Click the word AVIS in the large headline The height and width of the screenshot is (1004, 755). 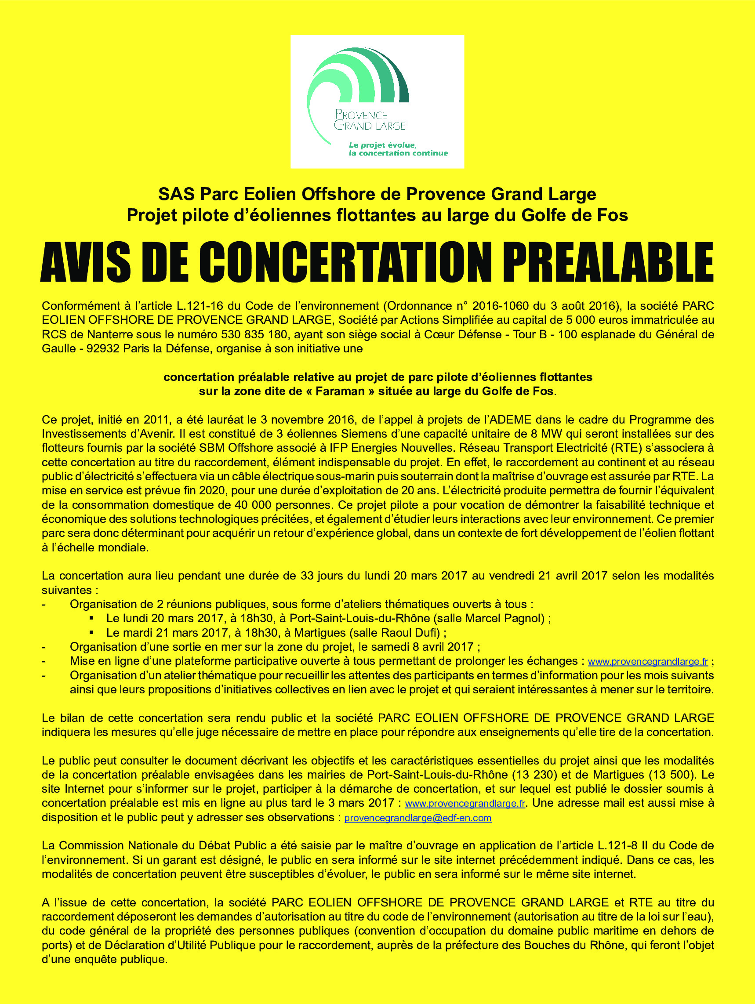[x=86, y=262]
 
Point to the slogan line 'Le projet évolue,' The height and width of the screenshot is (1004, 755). [x=382, y=145]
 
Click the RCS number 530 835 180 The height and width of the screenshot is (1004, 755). [x=254, y=334]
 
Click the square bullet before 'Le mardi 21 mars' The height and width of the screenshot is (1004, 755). [x=92, y=632]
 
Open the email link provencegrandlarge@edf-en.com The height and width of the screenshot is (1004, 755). [x=417, y=818]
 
